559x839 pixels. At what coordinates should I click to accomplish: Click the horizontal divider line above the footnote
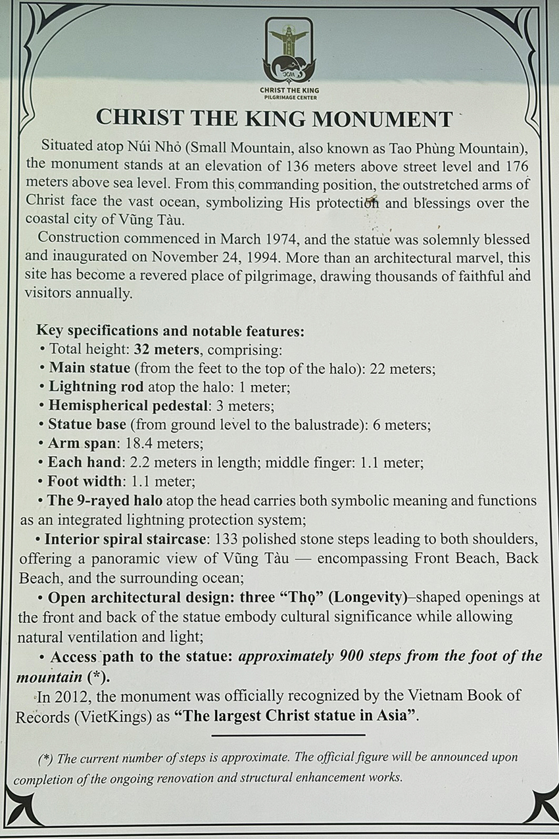point(288,735)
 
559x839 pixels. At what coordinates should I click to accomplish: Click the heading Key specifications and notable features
point(170,330)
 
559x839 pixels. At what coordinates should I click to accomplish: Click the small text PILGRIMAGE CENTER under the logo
point(288,97)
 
